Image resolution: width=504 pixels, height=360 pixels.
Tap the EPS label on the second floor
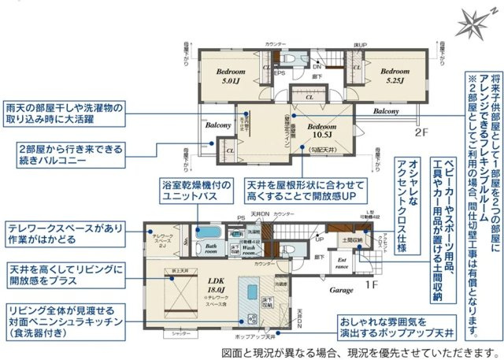[279, 73]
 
